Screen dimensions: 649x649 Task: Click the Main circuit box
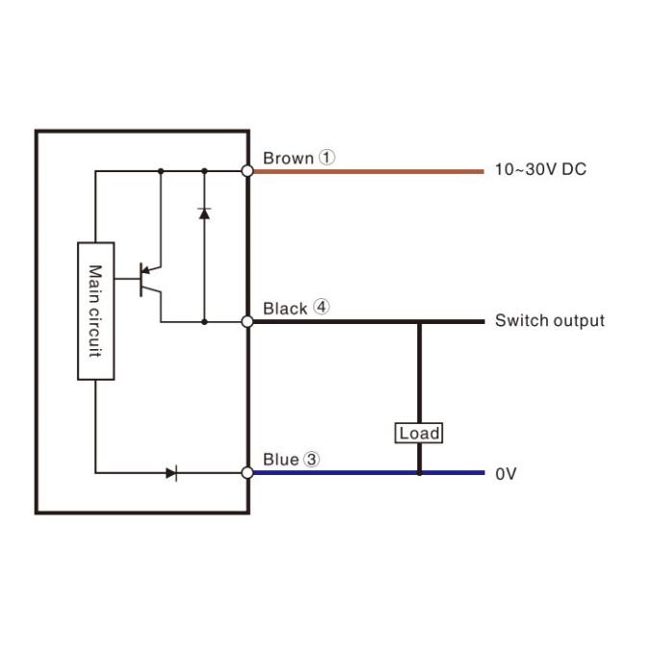click(x=95, y=311)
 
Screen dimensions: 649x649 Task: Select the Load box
click(x=419, y=434)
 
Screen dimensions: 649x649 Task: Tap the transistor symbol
click(x=148, y=279)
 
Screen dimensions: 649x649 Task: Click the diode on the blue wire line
click(x=172, y=472)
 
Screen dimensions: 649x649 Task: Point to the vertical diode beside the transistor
click(x=204, y=212)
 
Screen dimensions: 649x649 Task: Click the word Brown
click(x=287, y=158)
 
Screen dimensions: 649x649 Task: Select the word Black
click(x=286, y=309)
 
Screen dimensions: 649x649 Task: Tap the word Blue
click(x=281, y=460)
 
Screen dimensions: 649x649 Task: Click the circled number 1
click(x=327, y=157)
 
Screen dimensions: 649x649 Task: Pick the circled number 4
click(x=321, y=308)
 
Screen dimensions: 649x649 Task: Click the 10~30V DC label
click(x=539, y=170)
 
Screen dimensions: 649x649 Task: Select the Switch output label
click(x=549, y=321)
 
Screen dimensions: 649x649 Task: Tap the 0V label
click(x=506, y=474)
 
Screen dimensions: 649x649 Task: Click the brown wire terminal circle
click(x=247, y=171)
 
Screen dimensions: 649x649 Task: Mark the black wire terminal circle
click(x=247, y=322)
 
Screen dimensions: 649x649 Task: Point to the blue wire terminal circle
click(x=247, y=472)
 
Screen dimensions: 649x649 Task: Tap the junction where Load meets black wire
click(x=419, y=322)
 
